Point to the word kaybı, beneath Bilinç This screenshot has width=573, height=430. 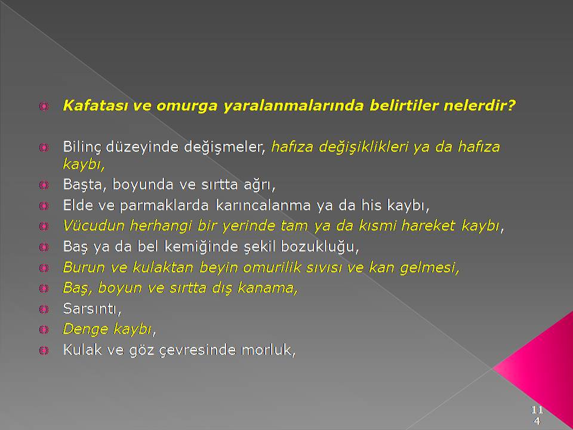(84, 165)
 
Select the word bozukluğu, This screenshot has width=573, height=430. (320, 247)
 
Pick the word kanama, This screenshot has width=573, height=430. (268, 288)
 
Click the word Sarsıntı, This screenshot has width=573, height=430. (92, 309)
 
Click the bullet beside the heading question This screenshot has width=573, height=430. (44, 106)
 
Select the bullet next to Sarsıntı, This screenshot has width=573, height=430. (44, 309)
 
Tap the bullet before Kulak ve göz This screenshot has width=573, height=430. (44, 351)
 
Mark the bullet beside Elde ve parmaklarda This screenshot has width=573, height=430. (44, 206)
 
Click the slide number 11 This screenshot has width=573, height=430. (537, 409)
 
